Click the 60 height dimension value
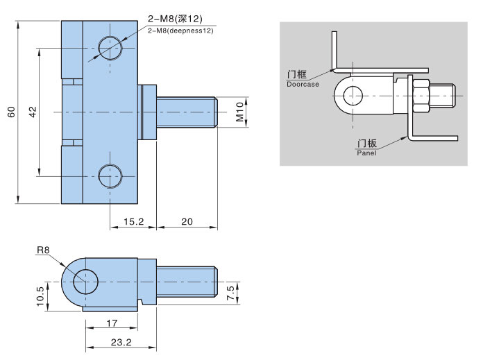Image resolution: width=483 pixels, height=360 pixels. (11, 112)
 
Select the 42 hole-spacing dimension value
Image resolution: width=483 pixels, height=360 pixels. (33, 112)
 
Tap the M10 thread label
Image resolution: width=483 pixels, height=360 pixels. (239, 112)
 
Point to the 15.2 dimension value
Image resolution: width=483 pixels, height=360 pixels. (134, 221)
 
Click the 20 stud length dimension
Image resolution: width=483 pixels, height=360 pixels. (187, 221)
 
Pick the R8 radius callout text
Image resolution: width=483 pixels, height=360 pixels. (43, 250)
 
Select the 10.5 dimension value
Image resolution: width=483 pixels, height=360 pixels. (40, 296)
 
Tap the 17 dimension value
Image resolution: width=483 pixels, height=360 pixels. (112, 323)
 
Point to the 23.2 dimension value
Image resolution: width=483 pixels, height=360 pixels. (121, 342)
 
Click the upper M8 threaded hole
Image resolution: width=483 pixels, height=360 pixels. (110, 48)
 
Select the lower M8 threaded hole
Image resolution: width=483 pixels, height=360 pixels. (110, 176)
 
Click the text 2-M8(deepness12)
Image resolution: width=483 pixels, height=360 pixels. (180, 31)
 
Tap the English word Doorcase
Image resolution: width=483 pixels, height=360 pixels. (303, 84)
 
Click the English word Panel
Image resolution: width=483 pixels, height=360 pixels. (366, 153)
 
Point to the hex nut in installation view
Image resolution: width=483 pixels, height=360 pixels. (421, 96)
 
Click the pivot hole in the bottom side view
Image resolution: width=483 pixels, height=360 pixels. (85, 282)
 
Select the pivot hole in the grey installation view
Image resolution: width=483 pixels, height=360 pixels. (353, 96)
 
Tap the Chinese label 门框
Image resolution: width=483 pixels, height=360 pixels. (297, 74)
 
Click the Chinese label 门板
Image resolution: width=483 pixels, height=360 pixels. (367, 144)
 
